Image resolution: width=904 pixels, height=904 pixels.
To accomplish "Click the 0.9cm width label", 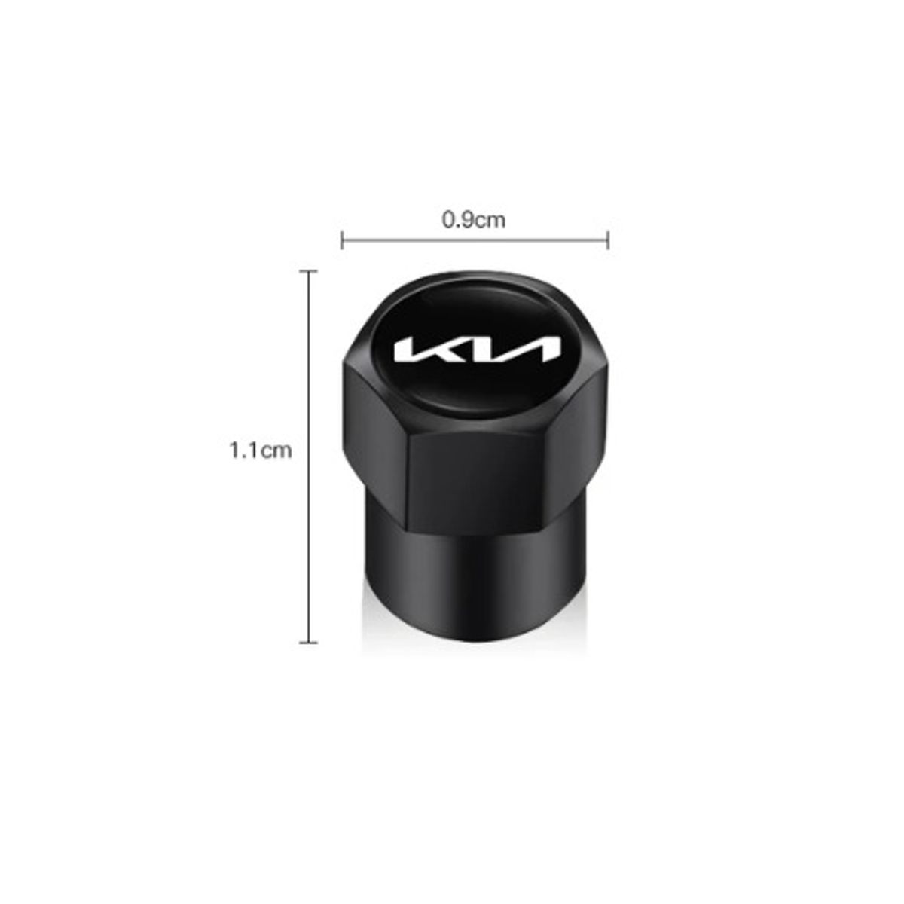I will pyautogui.click(x=474, y=220).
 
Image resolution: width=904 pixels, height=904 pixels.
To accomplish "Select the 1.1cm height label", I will pyautogui.click(x=260, y=450).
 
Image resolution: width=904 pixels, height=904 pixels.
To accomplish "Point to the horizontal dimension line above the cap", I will pyautogui.click(x=475, y=241).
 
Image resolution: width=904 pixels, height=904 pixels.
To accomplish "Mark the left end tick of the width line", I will pyautogui.click(x=342, y=241).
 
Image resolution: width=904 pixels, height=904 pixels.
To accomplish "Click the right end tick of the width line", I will pyautogui.click(x=608, y=241).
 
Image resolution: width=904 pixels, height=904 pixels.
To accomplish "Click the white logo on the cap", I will pyautogui.click(x=477, y=350).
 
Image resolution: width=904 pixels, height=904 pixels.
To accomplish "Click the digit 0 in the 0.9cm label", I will pyautogui.click(x=447, y=220).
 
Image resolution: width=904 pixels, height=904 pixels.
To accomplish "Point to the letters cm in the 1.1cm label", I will pyautogui.click(x=276, y=450).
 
